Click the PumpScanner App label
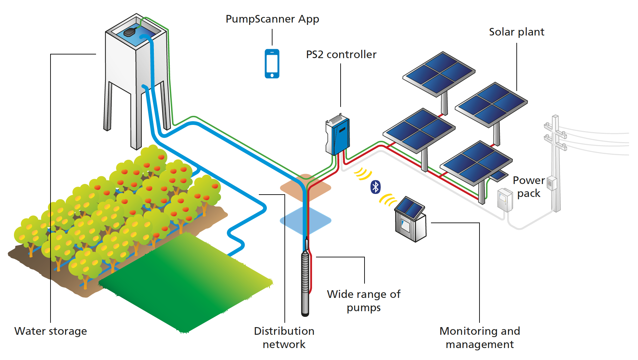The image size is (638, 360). point(272,19)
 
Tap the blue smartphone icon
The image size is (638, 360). point(272,64)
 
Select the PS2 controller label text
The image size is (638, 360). point(341,54)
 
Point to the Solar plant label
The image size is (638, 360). point(516,32)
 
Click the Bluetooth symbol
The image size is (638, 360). point(375,187)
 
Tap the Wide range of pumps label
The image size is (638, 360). point(364,301)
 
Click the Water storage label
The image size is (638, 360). point(51,331)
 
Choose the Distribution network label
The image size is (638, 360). point(284,337)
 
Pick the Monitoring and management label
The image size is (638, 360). point(479,337)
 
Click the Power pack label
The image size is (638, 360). point(529,187)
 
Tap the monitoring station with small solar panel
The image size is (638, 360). point(411,221)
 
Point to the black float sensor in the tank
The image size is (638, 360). point(129,32)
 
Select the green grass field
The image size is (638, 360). point(186,282)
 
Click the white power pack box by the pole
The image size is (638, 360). point(505,200)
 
